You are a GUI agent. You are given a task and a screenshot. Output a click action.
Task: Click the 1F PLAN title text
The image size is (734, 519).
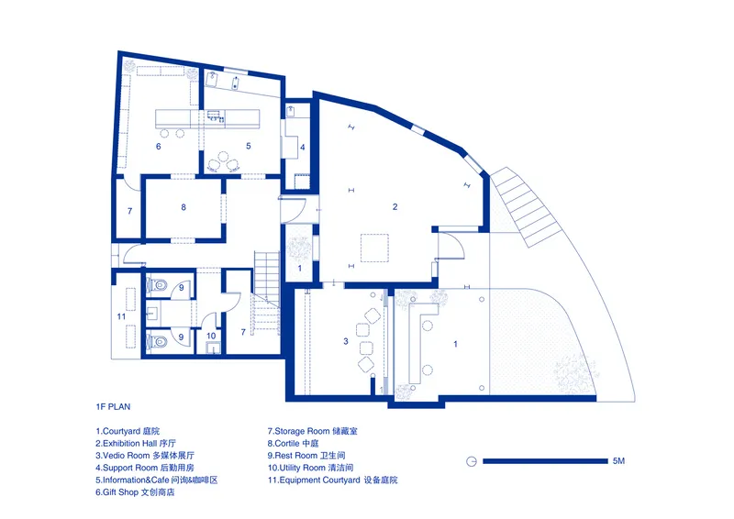[x=113, y=407]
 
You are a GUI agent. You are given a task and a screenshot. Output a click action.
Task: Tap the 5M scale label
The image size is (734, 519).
[x=618, y=461]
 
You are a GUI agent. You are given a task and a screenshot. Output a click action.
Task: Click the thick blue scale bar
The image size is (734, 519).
[x=545, y=461]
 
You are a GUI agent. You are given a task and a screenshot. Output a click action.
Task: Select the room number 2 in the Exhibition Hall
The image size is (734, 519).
[x=395, y=206]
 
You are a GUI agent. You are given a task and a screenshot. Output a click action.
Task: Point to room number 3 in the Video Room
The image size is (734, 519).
[x=346, y=341]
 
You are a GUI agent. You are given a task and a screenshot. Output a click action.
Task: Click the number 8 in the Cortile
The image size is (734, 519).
[x=183, y=207]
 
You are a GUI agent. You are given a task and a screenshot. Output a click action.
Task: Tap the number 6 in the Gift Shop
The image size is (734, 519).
[x=158, y=147]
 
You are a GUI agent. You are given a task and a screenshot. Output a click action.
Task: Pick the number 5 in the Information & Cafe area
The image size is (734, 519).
[x=249, y=146]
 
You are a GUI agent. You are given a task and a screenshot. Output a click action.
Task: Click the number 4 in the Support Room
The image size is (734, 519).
[x=303, y=147]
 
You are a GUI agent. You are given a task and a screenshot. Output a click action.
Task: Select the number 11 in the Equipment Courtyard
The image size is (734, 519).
[x=121, y=316]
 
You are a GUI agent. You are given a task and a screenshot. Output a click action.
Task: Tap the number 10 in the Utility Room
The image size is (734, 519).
[x=211, y=336]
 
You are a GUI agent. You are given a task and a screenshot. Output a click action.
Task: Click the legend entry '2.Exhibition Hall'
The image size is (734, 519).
[x=136, y=443]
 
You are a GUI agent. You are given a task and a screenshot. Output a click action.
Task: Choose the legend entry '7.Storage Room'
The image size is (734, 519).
[x=312, y=431]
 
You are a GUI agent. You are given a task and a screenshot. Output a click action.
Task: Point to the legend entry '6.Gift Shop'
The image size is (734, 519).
[x=135, y=492]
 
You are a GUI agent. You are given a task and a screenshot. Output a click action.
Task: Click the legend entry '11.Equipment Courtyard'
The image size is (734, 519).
[x=332, y=480]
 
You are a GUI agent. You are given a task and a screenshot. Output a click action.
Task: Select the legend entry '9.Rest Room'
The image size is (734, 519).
[x=306, y=456]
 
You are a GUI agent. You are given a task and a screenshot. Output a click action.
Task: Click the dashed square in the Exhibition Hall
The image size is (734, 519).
[x=374, y=248]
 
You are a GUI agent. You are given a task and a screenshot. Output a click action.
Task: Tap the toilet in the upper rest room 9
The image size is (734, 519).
[x=157, y=285]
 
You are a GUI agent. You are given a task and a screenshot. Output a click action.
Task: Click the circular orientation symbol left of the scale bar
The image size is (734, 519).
[x=472, y=461]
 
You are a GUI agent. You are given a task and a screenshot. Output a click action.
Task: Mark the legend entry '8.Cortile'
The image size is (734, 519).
[x=293, y=443]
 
